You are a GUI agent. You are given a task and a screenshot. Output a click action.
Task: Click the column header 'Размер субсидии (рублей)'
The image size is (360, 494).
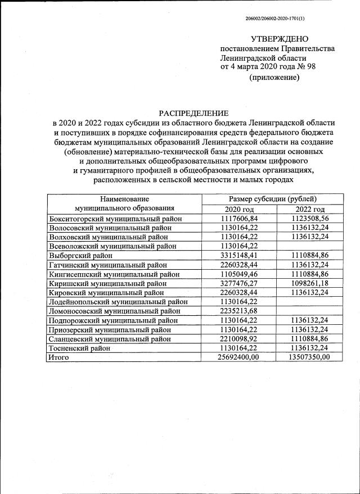pyautogui.click(x=272, y=199)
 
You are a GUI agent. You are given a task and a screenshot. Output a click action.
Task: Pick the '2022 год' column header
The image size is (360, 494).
pyautogui.click(x=310, y=209)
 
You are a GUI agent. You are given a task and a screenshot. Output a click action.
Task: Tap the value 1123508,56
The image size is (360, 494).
pyautogui.click(x=310, y=219)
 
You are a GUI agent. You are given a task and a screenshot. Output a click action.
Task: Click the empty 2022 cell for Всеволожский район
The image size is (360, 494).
pyautogui.click(x=310, y=246)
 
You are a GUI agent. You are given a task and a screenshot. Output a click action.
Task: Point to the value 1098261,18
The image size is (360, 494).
pyautogui.click(x=310, y=283)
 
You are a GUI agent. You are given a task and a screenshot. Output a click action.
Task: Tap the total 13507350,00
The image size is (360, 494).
pyautogui.click(x=310, y=357)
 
